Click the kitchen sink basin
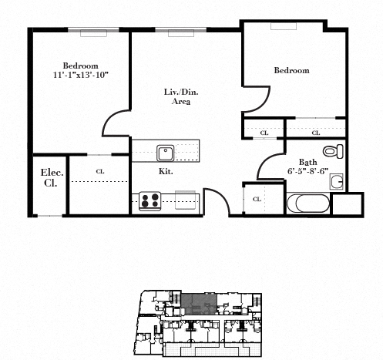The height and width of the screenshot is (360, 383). (166, 153)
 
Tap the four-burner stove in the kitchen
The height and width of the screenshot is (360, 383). (150, 201)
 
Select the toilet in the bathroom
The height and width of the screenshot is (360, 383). (333, 151)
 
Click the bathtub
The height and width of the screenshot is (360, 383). (308, 204)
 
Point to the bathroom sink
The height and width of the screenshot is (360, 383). (337, 182)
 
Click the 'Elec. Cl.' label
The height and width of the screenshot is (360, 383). (52, 177)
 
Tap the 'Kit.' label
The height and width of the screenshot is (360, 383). (166, 171)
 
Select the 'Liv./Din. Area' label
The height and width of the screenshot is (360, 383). (181, 96)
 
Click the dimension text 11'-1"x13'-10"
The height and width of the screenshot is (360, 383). (81, 75)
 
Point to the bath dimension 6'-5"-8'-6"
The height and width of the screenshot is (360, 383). (307, 171)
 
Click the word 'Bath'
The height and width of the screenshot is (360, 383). (307, 162)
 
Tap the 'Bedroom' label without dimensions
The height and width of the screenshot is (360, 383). (291, 70)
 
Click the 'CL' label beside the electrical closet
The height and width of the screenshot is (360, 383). (100, 171)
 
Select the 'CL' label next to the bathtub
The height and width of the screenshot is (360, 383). (257, 199)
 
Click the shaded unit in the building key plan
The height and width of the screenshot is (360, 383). (199, 304)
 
